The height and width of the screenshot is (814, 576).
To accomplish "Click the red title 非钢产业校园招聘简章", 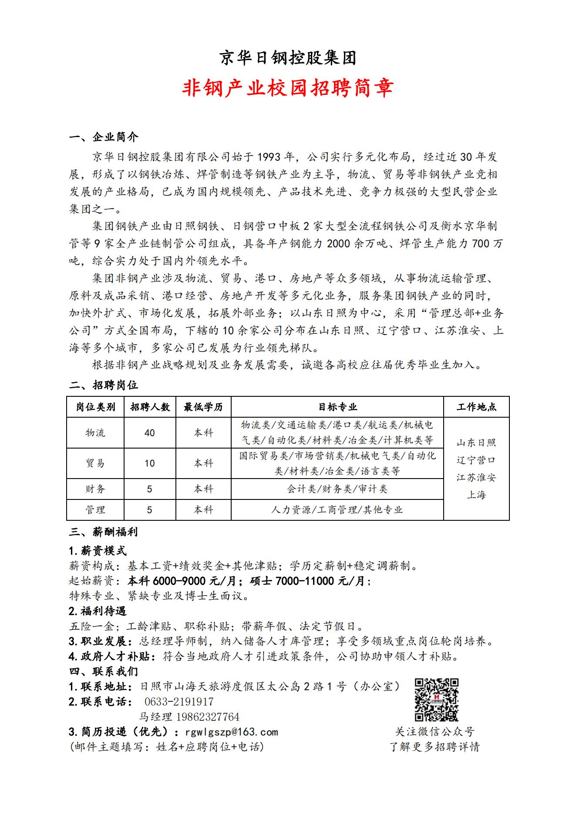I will click(288, 87).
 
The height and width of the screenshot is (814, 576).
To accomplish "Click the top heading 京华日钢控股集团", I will click(288, 57).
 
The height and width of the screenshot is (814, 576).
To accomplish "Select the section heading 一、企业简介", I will click(104, 137).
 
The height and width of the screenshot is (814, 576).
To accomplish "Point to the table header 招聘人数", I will click(150, 407).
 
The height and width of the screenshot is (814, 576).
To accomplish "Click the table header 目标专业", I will click(337, 407).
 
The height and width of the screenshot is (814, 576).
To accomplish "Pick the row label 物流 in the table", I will click(95, 433).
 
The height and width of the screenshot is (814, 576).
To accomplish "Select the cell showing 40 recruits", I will click(150, 433).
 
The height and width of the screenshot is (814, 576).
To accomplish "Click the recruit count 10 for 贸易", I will click(150, 463).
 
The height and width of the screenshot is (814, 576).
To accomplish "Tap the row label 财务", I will click(95, 489).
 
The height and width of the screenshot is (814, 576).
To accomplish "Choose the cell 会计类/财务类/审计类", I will click(337, 489).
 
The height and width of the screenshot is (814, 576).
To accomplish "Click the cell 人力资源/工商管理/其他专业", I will click(337, 510).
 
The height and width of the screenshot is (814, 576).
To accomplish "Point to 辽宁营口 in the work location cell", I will click(476, 460).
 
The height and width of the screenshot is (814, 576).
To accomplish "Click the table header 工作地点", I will click(476, 407).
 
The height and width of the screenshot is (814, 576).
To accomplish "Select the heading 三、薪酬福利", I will click(104, 532).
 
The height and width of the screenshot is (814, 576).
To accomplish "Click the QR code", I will click(436, 700).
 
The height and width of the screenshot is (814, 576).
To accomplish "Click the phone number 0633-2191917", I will click(179, 701).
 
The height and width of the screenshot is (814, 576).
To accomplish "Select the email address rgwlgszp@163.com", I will click(232, 732).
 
